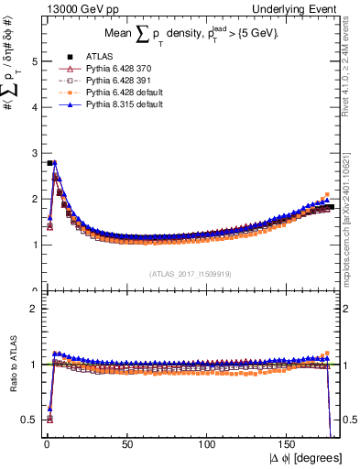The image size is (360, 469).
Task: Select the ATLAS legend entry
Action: coord(94,55)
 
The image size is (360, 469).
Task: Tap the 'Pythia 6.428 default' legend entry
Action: coord(119,93)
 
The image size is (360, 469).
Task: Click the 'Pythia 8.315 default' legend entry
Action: coord(119,104)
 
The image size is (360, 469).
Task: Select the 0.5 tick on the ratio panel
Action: coord(27,420)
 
